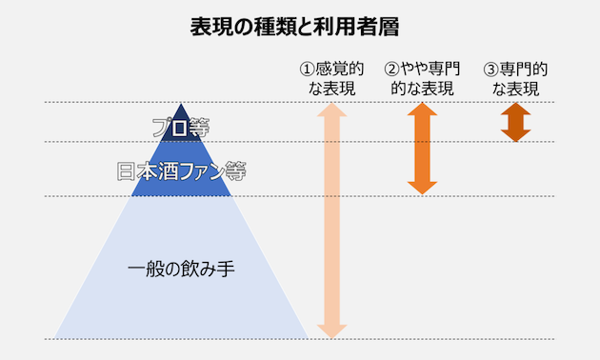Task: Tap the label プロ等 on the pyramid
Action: point(181,125)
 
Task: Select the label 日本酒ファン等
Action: point(181,172)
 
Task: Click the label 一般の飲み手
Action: point(181,269)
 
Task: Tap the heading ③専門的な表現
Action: point(515,79)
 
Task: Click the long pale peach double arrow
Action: point(331,219)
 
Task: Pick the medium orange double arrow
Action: point(423,149)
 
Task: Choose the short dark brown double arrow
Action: point(515,122)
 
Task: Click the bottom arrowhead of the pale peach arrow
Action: point(331,328)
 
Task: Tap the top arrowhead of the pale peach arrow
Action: point(331,111)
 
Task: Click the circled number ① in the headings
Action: point(307,70)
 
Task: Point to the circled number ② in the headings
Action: point(391,70)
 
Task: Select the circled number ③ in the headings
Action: point(490,70)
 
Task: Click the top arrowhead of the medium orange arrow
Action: point(423,111)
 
